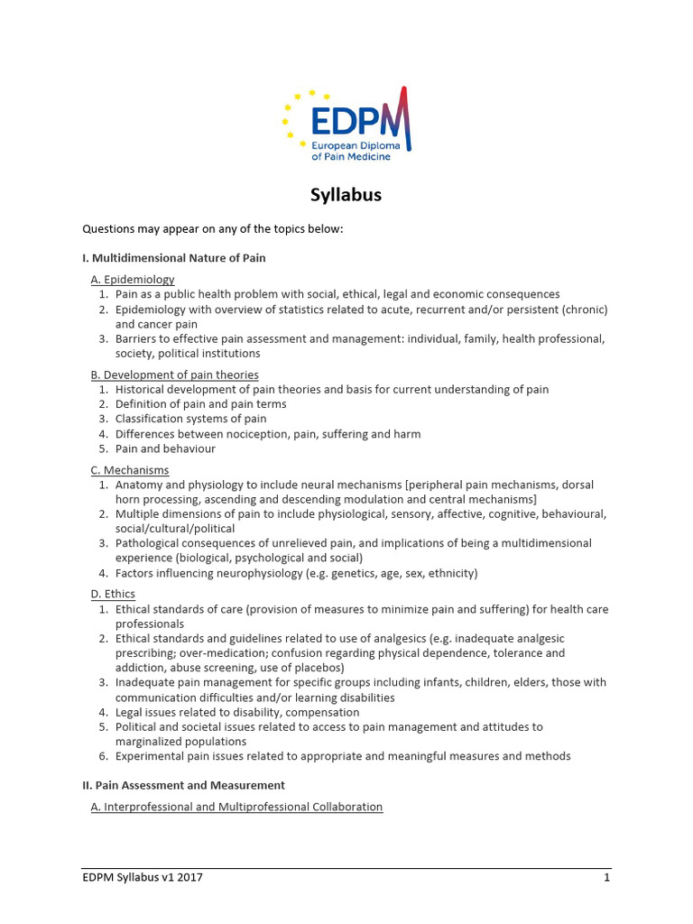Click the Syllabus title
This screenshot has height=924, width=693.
click(346, 195)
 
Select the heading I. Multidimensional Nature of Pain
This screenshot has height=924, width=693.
click(174, 258)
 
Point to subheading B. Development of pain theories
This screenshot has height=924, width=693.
click(174, 374)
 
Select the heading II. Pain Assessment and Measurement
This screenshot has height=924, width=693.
click(183, 785)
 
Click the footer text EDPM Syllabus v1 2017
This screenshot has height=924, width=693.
click(143, 877)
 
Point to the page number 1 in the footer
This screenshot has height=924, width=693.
click(607, 877)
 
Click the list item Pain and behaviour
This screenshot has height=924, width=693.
click(165, 448)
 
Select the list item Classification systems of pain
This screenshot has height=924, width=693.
click(190, 419)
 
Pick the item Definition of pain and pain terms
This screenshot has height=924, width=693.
click(200, 404)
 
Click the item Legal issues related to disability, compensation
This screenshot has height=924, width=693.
click(236, 712)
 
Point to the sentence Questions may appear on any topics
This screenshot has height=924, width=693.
click(213, 229)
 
